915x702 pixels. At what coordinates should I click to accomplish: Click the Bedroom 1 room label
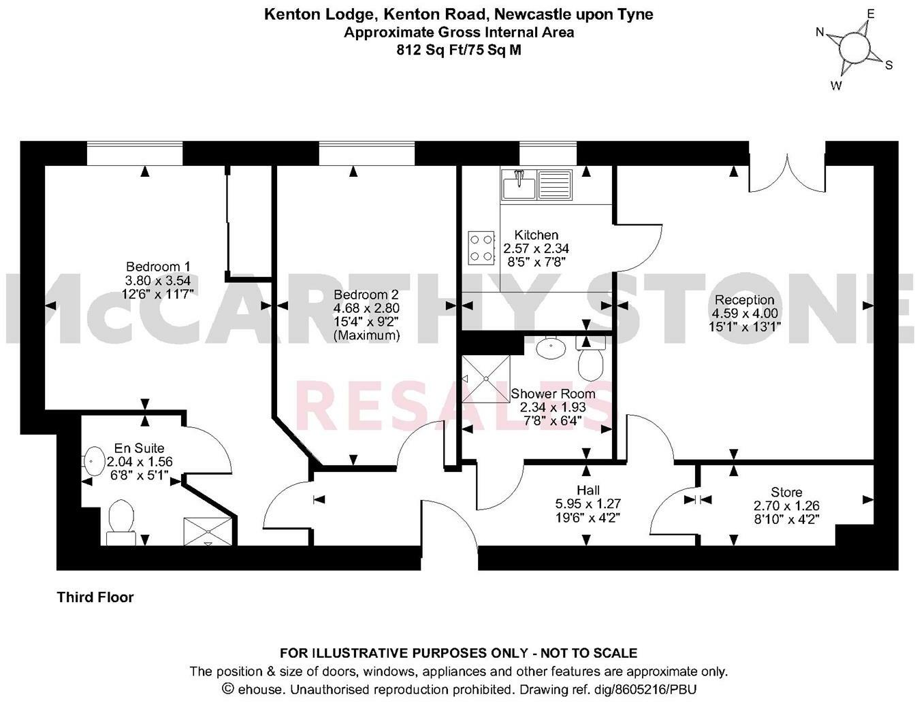coord(158,267)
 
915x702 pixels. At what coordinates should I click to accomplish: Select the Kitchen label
coord(536,235)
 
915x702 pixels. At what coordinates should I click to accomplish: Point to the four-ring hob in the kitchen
coord(481,248)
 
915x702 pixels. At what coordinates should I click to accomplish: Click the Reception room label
coord(744,300)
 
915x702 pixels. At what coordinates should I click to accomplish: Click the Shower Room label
coord(553,394)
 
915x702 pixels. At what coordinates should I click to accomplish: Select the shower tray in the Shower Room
coord(485,378)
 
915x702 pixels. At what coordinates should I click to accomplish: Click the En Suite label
coord(139,448)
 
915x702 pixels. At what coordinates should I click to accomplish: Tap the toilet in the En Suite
coord(121,521)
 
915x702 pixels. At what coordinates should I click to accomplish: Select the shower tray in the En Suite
coord(208,531)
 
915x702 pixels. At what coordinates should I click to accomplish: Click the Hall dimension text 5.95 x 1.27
coord(588,504)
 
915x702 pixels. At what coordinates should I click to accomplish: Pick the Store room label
coord(786,492)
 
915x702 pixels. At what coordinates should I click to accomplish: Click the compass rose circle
coord(854,48)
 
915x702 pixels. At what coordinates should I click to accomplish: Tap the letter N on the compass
coord(820,32)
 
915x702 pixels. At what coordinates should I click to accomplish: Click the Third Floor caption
coord(95,597)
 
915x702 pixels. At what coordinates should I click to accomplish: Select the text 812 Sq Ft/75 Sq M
coord(458,50)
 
